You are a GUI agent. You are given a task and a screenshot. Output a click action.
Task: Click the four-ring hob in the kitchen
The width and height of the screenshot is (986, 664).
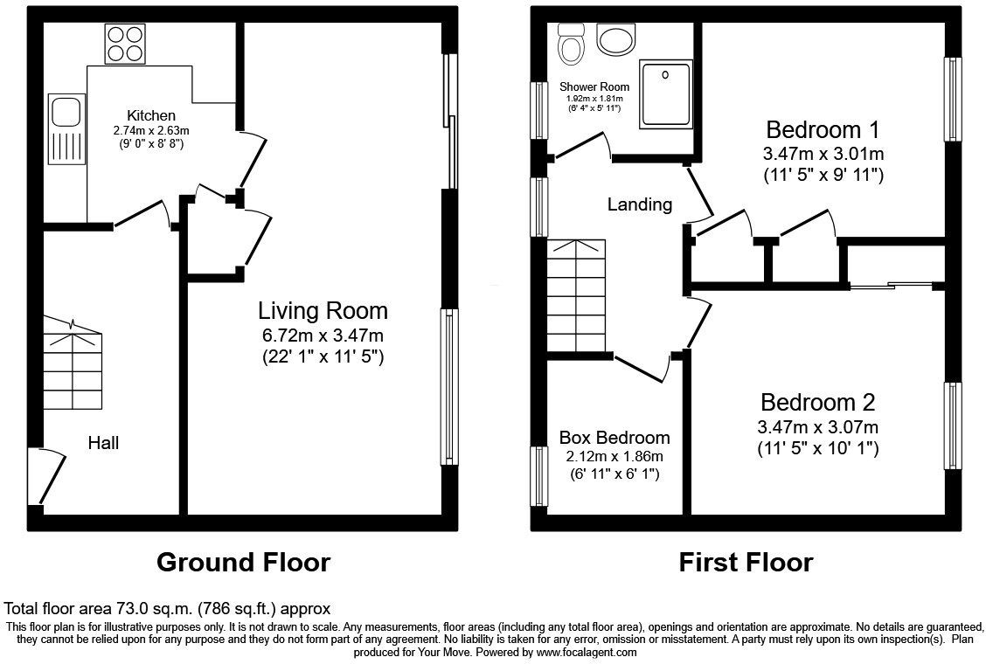[125, 44]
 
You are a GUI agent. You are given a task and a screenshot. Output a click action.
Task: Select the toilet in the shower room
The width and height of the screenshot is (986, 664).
[572, 44]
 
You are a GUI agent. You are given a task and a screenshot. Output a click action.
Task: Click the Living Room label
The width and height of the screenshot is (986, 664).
[323, 310]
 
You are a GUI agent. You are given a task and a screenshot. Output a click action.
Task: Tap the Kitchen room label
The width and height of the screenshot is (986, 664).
[151, 115]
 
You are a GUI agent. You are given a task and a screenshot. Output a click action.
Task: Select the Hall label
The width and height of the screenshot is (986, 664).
[103, 443]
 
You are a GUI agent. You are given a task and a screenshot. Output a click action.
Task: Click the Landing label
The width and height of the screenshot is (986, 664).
[640, 204]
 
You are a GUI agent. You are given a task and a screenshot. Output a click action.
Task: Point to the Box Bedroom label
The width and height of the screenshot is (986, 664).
[615, 438]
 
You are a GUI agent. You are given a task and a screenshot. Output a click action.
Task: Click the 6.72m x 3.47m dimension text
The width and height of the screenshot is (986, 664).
[323, 335]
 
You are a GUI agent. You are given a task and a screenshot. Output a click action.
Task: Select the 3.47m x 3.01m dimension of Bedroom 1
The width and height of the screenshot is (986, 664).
[823, 154]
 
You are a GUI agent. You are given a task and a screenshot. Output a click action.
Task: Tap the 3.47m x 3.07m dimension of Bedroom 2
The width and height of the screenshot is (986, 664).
[817, 427]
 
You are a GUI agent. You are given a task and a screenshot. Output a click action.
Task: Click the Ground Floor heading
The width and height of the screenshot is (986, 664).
[243, 562]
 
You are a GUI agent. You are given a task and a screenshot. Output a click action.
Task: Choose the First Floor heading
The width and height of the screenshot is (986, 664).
[746, 562]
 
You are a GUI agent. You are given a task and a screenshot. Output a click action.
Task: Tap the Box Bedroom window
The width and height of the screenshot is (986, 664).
[538, 476]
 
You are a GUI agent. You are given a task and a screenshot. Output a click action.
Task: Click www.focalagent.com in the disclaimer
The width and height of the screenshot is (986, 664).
[586, 652]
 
